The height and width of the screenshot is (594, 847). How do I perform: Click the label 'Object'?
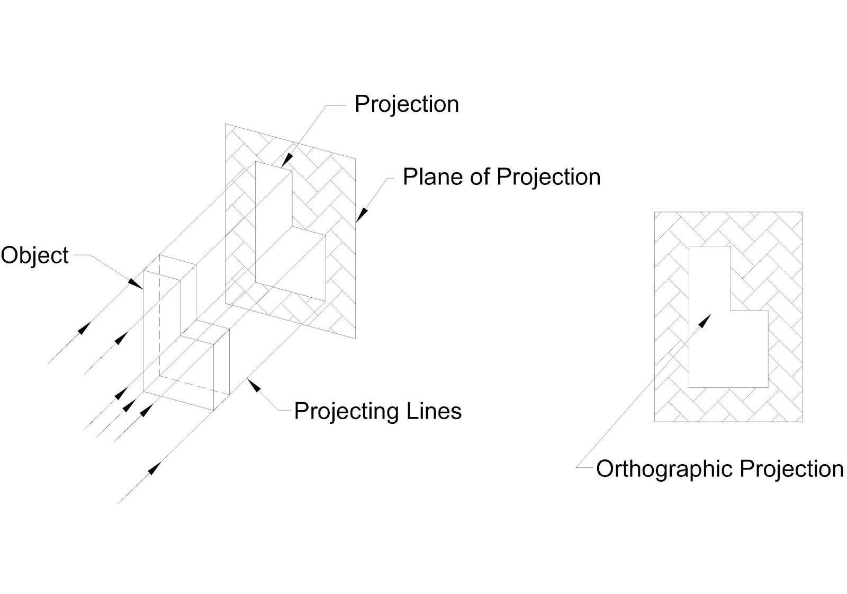[x=34, y=255]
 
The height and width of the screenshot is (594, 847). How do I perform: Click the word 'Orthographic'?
[x=664, y=469]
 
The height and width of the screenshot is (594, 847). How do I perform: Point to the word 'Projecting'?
[x=346, y=411]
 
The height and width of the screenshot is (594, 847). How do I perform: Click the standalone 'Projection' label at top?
[x=407, y=104]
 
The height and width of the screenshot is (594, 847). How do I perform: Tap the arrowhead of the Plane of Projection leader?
[x=361, y=214]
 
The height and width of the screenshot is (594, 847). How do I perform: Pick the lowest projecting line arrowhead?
[x=154, y=468]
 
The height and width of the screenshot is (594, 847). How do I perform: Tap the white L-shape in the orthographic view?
[x=709, y=344]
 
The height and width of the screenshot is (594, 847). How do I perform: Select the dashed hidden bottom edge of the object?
[x=195, y=384]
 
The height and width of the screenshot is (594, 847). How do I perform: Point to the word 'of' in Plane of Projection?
[x=480, y=177]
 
